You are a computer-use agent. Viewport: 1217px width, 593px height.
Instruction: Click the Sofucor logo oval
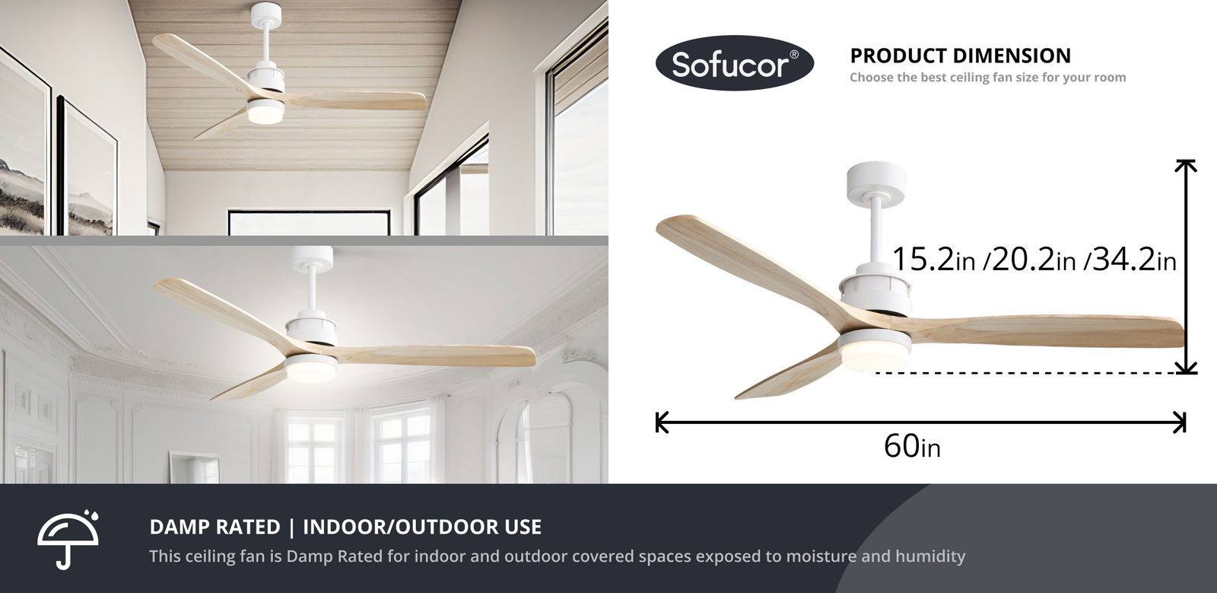(x=735, y=63)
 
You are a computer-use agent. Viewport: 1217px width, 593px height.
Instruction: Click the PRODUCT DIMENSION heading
(x=960, y=56)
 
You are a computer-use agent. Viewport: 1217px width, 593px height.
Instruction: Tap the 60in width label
(x=912, y=446)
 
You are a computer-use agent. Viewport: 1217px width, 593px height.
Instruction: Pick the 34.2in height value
(x=1134, y=259)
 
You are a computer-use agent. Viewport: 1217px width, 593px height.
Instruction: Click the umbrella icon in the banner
(x=68, y=539)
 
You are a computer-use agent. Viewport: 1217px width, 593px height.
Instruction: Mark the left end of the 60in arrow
(x=657, y=422)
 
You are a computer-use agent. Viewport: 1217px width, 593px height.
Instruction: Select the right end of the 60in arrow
(x=1185, y=422)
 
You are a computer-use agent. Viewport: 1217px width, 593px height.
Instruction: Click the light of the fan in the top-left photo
(x=266, y=113)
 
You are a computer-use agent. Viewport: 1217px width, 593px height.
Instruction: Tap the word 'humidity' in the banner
(x=930, y=556)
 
